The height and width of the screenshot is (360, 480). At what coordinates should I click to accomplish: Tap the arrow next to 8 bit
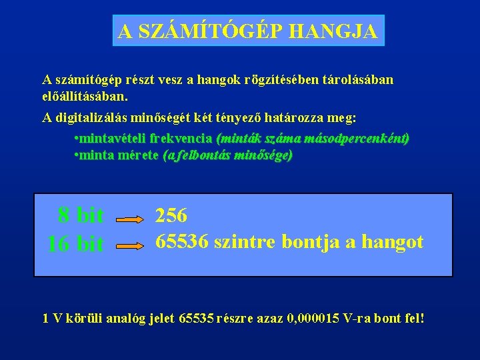pyautogui.click(x=131, y=218)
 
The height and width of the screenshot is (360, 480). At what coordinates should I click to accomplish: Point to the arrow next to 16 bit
pyautogui.click(x=131, y=245)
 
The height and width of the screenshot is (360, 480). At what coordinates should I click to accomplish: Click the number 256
pyautogui.click(x=171, y=215)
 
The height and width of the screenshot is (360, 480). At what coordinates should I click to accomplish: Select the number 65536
pyautogui.click(x=182, y=241)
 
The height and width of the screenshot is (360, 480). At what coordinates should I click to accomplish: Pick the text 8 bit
pyautogui.click(x=81, y=215)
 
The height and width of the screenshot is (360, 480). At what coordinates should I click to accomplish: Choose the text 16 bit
pyautogui.click(x=75, y=244)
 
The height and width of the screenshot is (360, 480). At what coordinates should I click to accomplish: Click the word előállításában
pyautogui.click(x=83, y=95)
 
